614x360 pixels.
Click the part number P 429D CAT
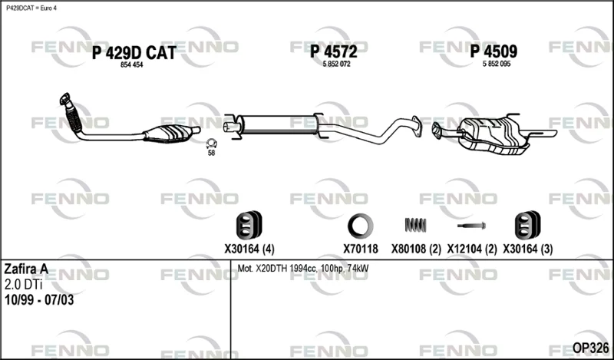134,53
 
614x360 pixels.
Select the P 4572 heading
334,51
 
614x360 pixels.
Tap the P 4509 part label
494,51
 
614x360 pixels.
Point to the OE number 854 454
131,65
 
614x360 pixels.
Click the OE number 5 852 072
336,64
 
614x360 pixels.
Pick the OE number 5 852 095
497,64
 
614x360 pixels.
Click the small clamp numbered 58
212,144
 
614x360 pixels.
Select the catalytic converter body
169,134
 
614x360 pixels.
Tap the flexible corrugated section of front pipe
74,117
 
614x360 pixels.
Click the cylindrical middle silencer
278,125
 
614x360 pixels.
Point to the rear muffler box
494,135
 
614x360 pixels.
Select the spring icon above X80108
415,225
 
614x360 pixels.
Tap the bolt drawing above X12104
471,226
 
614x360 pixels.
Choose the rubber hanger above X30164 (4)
249,225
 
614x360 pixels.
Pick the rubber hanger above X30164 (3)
528,225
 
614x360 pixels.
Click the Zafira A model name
26,269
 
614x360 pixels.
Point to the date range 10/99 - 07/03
39,300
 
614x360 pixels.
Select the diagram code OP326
590,348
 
